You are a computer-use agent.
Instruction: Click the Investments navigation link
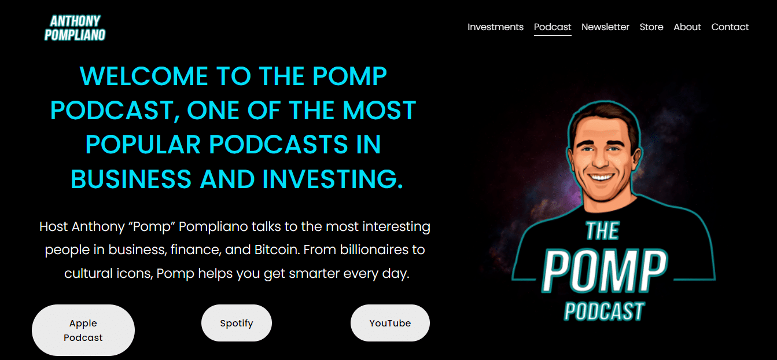click(495, 27)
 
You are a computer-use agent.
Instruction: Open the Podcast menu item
click(553, 27)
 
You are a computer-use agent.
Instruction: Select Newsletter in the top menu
click(605, 27)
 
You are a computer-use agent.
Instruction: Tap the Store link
click(651, 27)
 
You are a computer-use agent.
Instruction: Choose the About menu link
click(687, 27)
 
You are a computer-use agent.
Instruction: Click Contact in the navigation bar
click(730, 27)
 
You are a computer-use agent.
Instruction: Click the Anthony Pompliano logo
click(75, 28)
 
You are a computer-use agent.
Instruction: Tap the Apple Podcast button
click(83, 330)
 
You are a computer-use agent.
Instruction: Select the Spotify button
click(237, 323)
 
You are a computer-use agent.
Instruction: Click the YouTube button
click(390, 323)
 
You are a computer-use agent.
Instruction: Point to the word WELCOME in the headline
click(144, 76)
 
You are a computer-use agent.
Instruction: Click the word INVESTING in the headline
click(333, 179)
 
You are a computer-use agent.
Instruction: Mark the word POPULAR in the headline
click(143, 145)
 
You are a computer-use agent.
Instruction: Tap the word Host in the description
click(53, 226)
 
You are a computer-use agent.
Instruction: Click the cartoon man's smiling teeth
click(602, 178)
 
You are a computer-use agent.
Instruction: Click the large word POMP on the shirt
click(604, 271)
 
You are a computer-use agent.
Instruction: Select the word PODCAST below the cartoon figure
click(604, 311)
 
